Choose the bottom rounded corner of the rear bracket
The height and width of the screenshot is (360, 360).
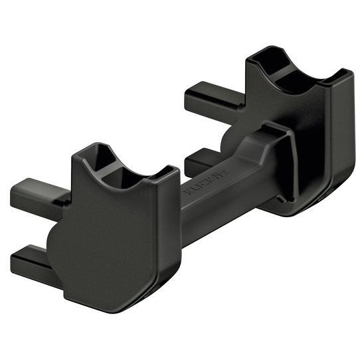(x=312, y=209)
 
